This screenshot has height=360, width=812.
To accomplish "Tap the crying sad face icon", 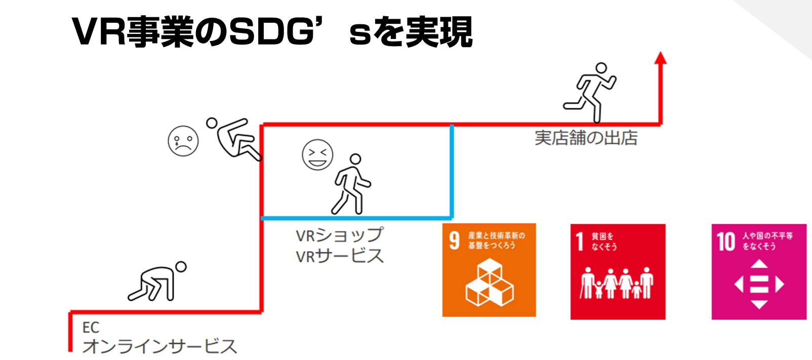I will tap(183, 141).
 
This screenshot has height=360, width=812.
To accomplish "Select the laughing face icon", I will tap(317, 154).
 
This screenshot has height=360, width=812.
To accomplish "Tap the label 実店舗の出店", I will tap(586, 138).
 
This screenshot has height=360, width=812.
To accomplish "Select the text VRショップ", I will tap(340, 235).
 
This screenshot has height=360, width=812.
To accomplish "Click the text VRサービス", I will tap(340, 256).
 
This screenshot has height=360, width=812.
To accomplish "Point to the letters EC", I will tap(91, 328).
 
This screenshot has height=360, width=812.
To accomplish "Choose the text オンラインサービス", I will tap(159, 346).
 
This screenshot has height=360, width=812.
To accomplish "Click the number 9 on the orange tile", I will tap(454, 240).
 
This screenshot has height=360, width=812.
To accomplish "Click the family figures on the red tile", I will tap(617, 284).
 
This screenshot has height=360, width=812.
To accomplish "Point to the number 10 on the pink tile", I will tap(726, 241).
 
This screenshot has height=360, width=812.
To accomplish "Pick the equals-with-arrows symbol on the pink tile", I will tap(759, 284).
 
